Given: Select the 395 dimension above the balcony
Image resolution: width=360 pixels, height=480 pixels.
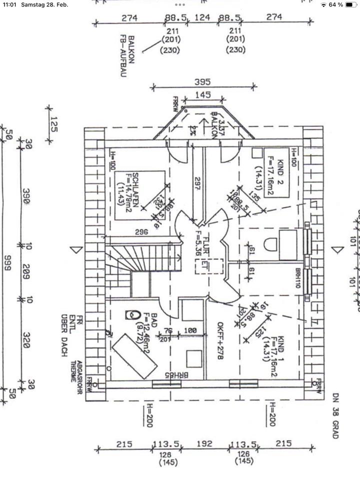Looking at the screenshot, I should click(x=202, y=82).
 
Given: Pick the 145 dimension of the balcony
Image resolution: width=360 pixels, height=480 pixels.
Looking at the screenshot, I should click(x=202, y=94).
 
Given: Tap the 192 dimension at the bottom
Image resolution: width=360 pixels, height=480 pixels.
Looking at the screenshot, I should click(x=204, y=444).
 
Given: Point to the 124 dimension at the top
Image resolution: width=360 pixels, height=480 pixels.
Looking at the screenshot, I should click(x=202, y=17).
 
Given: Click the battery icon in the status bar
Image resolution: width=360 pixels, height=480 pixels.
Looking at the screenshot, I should click(x=350, y=4).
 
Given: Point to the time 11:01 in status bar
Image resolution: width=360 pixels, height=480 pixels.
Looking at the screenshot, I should click(x=9, y=4).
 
